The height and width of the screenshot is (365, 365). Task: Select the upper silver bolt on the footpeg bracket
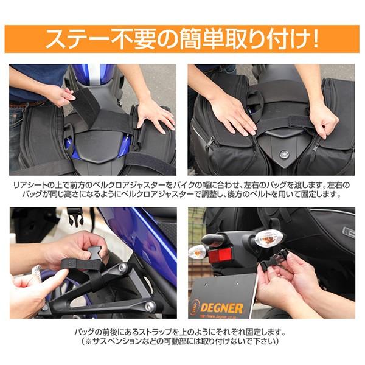click(x=122, y=268)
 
